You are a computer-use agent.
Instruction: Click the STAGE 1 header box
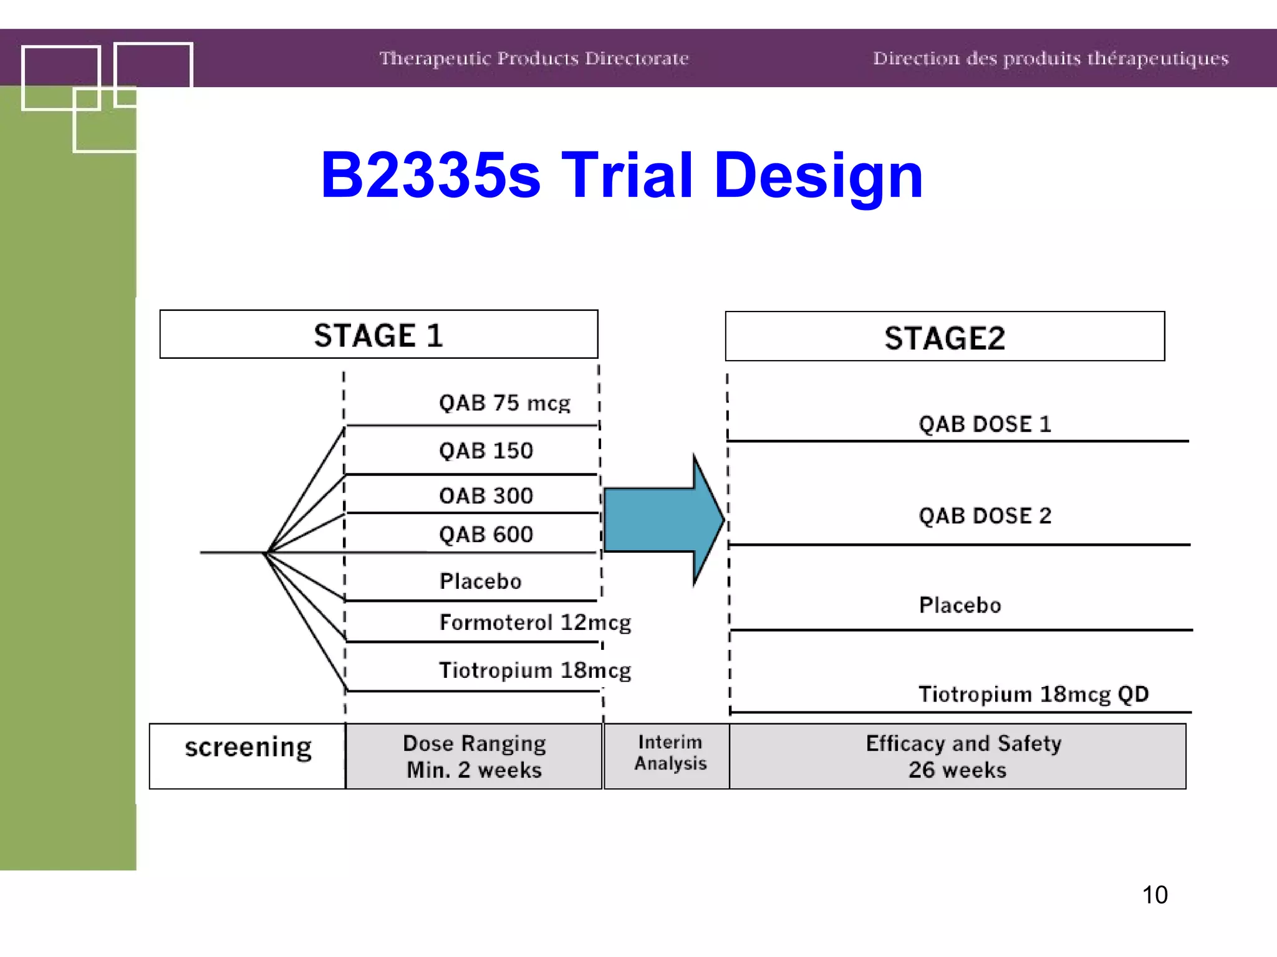tap(378, 335)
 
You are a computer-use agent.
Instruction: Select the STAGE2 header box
tap(945, 337)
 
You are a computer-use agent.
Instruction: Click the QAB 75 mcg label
tap(504, 403)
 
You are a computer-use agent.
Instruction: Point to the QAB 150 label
tap(486, 450)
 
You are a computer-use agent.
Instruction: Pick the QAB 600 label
tap(486, 535)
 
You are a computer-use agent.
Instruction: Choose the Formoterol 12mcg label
tap(535, 622)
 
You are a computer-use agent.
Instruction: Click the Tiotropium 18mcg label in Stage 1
tap(535, 670)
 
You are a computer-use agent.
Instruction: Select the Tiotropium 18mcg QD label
tap(1033, 694)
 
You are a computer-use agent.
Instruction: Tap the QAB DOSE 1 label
tap(985, 424)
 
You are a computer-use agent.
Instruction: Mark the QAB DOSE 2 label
tap(985, 516)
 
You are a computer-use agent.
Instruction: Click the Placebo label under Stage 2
tap(960, 605)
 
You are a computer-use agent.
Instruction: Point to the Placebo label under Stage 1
tap(480, 581)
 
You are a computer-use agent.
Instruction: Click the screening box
tap(248, 756)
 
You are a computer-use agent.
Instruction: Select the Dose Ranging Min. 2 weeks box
tap(474, 756)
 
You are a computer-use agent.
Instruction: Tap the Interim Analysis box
tap(670, 755)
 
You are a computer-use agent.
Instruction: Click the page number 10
tap(1155, 895)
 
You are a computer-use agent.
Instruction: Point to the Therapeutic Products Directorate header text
tap(534, 59)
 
